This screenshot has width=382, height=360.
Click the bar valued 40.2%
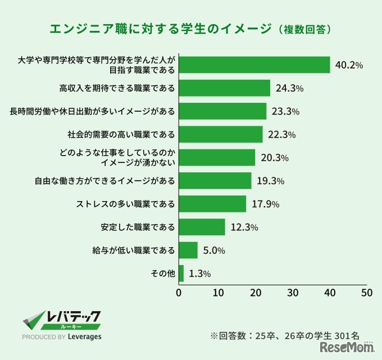[x=254, y=65]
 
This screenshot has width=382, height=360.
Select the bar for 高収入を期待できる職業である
[x=224, y=88]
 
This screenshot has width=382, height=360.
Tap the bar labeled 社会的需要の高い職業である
[x=221, y=134]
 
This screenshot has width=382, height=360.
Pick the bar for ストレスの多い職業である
[x=212, y=204]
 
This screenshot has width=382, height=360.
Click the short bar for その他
[x=181, y=274]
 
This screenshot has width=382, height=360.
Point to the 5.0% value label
[x=214, y=250]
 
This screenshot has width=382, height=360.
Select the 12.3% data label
[x=244, y=227]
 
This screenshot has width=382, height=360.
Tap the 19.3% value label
[x=270, y=181]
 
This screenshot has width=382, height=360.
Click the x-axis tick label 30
[x=292, y=293]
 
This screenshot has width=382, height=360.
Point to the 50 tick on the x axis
[x=367, y=293]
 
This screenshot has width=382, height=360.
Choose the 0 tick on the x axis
[x=179, y=293]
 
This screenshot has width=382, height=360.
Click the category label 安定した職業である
[x=138, y=227]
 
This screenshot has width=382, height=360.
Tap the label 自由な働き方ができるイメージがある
[x=105, y=181]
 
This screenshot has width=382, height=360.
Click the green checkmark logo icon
[x=33, y=322]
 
